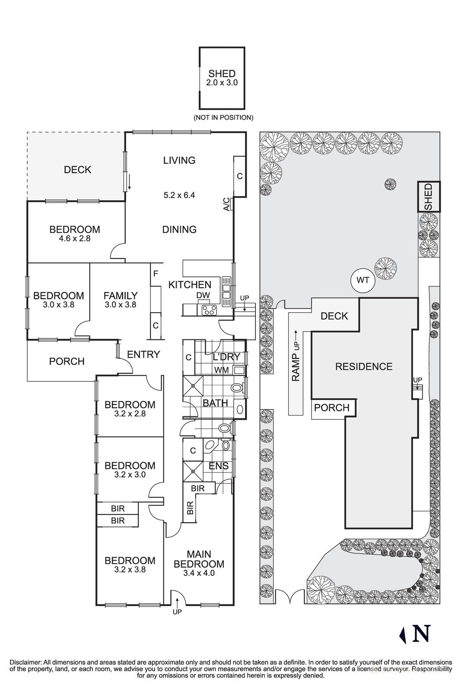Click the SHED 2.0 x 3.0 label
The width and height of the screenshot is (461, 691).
(x=222, y=78)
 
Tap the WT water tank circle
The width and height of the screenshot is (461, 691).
(x=363, y=280)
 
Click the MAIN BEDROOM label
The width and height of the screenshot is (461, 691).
(x=199, y=559)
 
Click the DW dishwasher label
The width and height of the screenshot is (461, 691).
(x=203, y=295)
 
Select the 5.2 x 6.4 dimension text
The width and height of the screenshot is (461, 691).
(x=179, y=195)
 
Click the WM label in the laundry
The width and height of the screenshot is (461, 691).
(x=221, y=370)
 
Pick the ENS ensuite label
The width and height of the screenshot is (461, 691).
(x=219, y=466)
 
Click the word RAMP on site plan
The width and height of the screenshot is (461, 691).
(x=296, y=367)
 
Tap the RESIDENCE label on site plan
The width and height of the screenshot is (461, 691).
(x=364, y=366)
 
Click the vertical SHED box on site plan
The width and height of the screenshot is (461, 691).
(x=428, y=197)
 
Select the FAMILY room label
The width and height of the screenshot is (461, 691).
(x=121, y=296)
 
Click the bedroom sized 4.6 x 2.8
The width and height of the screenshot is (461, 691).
(x=74, y=233)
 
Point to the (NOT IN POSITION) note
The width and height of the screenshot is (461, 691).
(x=223, y=117)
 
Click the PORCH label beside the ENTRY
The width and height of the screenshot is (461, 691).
(x=67, y=361)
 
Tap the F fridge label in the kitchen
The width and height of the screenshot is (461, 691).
(x=156, y=273)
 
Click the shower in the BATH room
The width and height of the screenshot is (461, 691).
(x=193, y=385)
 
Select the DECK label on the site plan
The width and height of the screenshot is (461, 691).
(x=334, y=316)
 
